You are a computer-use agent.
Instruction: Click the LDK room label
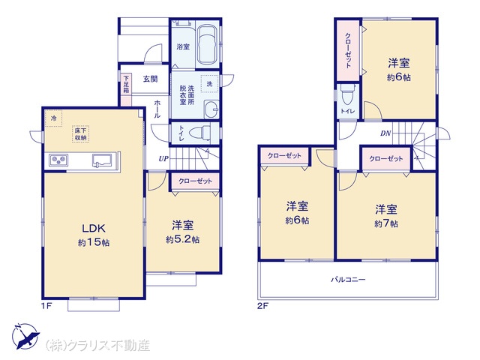pos(94,228)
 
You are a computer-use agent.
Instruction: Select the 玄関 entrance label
pos(150,79)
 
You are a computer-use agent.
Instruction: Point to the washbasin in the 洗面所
pos(211,109)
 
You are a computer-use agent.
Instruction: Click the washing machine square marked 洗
pos(209,83)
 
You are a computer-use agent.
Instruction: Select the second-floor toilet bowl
pos(347,94)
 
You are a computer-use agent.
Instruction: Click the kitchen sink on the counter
pos(102,160)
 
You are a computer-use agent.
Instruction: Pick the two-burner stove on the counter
pos(58,160)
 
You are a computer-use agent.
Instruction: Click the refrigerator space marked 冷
pos(53,118)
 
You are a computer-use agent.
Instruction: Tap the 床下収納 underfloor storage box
pos(80,133)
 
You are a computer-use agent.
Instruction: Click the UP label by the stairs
pos(163,159)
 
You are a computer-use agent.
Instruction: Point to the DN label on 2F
pos(385,133)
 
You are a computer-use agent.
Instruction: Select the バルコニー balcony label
pos(348,280)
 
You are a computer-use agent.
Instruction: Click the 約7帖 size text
pos(386,223)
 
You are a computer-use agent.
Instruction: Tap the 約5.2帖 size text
pos(182,239)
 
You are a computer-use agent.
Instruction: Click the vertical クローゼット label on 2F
pos(348,50)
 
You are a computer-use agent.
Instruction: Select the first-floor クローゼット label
pos(195,181)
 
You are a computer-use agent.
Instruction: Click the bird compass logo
pos(25,336)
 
